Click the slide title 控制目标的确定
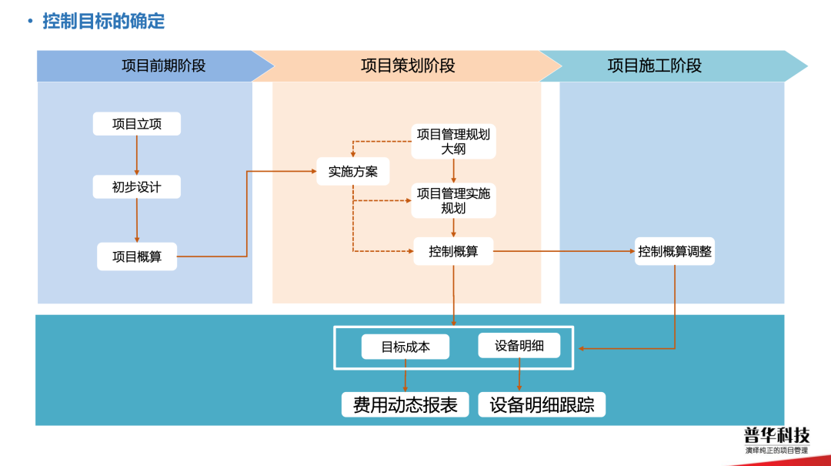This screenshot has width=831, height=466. (x=104, y=21)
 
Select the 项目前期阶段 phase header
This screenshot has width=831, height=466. (x=163, y=65)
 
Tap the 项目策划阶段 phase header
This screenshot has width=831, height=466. (x=408, y=65)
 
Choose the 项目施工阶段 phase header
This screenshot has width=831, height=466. (x=654, y=65)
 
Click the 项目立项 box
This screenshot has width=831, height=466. (x=137, y=124)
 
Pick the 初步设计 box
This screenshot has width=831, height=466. (x=137, y=186)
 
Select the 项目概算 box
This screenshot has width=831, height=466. (x=137, y=256)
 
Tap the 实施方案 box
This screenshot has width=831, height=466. (x=353, y=171)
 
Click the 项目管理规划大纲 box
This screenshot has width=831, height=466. (x=453, y=141)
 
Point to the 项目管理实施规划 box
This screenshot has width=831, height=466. (x=453, y=200)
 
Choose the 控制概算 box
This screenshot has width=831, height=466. (x=453, y=251)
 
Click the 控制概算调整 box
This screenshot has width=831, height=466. (x=675, y=251)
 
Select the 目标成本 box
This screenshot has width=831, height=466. (x=405, y=347)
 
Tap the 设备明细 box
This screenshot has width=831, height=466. (x=519, y=346)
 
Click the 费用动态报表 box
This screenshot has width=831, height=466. (x=405, y=404)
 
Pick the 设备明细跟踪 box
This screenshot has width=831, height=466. (x=542, y=404)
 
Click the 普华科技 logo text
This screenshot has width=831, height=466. (x=776, y=435)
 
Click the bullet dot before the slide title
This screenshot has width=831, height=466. (x=29, y=21)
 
